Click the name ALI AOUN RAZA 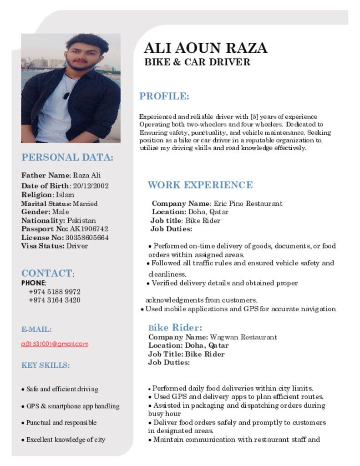point(205,48)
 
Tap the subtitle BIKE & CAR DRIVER point(197,62)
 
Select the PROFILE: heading point(164,96)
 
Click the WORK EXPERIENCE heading point(200,185)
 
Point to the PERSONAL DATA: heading point(67,157)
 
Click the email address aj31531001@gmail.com point(55,344)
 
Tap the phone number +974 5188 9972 point(55,291)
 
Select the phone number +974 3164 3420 point(55,300)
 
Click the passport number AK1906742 point(89,229)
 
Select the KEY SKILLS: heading point(46,365)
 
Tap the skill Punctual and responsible point(61,422)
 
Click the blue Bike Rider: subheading point(175,328)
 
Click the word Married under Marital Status point(85,203)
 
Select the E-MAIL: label point(36,329)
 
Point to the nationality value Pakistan point(81,220)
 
